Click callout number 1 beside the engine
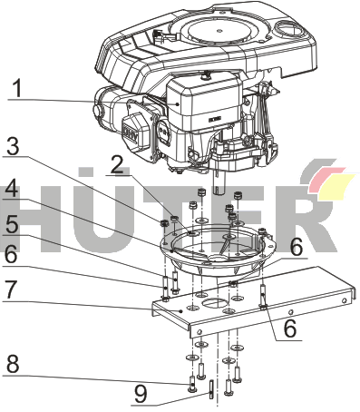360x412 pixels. tap(18, 88)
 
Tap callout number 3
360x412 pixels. tap(14, 146)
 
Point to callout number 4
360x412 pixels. tap(12, 190)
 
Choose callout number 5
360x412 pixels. tap(12, 224)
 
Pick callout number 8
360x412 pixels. tap(13, 365)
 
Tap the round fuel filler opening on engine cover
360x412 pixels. tap(288, 30)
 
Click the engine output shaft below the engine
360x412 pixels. tap(219, 181)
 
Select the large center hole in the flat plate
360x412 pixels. tap(216, 302)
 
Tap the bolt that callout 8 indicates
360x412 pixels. tap(192, 384)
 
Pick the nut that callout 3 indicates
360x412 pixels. tap(163, 224)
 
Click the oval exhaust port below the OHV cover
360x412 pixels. tap(164, 133)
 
